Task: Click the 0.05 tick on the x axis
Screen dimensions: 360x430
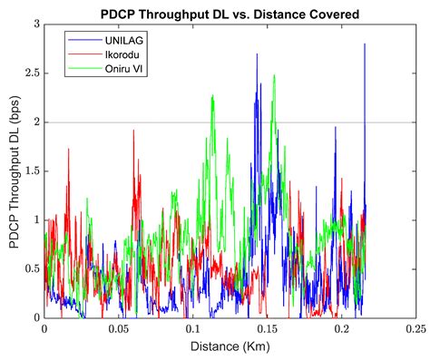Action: [118, 329]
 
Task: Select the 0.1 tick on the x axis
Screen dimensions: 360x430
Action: [191, 329]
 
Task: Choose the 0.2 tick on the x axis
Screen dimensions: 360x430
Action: [340, 329]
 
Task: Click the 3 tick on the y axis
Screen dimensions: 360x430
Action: [36, 24]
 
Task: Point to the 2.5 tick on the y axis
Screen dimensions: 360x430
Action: [33, 73]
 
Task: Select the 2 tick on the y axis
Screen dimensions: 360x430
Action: [36, 122]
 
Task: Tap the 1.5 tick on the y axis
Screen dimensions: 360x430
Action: [33, 171]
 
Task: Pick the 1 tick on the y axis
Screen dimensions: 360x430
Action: [36, 220]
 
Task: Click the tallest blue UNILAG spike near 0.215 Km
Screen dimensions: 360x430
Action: [365, 44]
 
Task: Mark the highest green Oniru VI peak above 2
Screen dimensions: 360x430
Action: [274, 76]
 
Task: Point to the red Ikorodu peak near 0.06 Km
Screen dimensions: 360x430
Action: [133, 131]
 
